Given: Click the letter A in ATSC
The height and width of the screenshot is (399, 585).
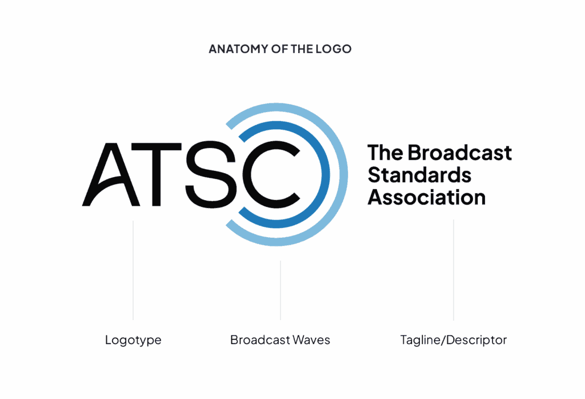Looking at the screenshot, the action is [111, 174].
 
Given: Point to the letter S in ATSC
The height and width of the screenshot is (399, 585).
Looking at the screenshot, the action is [211, 174].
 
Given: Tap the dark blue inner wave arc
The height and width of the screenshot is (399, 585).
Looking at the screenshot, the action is [324, 174].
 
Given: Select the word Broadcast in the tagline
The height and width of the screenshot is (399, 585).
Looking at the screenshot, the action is [459, 153].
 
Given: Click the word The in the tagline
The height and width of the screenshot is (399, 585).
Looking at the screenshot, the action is [386, 153].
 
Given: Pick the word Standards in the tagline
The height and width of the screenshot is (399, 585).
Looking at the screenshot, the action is [419, 175].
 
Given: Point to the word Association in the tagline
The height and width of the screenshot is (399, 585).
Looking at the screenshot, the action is [426, 197].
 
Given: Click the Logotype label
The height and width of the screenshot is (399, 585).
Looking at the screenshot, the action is [133, 340].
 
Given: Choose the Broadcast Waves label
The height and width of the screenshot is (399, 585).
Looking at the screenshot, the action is [280, 340].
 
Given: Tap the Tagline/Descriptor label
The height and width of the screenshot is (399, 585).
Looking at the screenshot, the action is [453, 340].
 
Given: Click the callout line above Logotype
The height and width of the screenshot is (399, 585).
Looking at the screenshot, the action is [133, 270].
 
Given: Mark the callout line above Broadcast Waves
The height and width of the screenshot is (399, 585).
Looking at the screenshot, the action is [281, 290].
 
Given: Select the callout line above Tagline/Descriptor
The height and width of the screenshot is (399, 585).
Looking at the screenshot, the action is [454, 270].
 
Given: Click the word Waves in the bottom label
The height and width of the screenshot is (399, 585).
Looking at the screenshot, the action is [311, 340].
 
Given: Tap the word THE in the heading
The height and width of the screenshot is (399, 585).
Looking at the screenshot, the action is [302, 49].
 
